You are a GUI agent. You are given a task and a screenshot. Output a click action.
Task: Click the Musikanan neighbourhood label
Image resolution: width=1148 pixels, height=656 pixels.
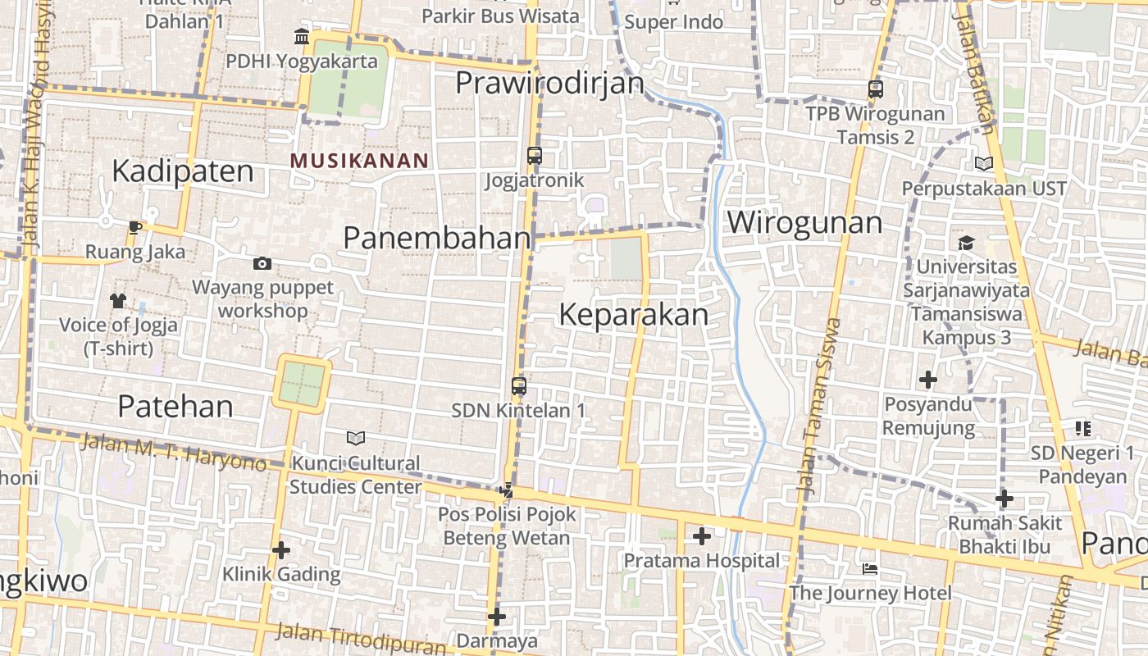point(359,161)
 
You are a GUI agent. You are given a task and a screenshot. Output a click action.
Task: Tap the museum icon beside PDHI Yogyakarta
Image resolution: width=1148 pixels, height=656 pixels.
point(301,37)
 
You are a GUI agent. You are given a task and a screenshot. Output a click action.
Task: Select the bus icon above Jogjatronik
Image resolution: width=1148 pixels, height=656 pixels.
point(535,155)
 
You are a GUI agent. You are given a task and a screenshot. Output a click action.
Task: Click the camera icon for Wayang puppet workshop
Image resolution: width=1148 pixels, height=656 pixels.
point(262,263)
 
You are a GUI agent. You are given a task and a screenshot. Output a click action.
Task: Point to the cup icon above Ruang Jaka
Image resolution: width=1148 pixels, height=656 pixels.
point(135,227)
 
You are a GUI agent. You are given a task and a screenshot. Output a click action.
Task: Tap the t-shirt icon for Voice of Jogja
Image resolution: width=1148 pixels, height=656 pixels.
point(118,301)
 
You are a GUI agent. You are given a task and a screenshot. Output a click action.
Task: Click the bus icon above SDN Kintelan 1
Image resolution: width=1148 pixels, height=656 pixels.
point(519,385)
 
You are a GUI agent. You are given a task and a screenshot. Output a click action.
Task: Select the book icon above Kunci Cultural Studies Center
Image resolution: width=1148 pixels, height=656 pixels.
point(355,438)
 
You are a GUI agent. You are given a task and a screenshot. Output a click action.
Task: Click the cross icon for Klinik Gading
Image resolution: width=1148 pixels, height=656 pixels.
point(281,549)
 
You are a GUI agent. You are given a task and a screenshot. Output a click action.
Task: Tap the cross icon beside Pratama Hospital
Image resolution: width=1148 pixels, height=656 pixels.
point(701,536)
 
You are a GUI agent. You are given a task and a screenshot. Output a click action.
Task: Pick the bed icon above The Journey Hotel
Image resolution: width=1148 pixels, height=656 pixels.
point(870,568)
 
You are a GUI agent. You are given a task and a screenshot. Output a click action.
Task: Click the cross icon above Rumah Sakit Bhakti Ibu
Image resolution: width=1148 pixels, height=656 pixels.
point(1004,498)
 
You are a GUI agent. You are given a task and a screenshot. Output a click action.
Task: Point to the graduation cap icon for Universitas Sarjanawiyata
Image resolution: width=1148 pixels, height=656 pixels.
point(966,243)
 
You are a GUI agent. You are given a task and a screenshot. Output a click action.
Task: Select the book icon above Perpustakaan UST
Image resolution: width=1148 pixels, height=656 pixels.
point(984,164)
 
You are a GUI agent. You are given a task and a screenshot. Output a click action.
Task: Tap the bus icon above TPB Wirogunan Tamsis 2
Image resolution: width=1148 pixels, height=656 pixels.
point(875,89)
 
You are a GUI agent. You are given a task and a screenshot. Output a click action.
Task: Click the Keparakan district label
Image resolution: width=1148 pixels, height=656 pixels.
point(634,316)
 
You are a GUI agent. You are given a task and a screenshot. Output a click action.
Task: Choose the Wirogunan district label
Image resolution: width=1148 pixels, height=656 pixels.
point(804,222)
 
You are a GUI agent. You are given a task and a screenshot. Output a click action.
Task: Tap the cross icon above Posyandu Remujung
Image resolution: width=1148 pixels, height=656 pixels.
point(928,380)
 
